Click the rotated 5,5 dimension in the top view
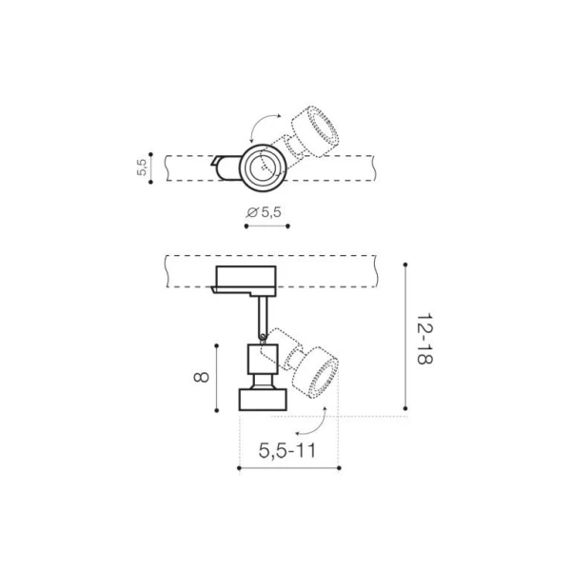tap(142, 168)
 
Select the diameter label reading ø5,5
tap(264, 212)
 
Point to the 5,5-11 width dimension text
tap(286, 451)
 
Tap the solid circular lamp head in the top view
tap(260, 168)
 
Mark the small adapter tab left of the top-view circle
tap(225, 167)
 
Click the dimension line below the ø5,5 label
tap(266, 226)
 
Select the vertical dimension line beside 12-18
tap(406, 338)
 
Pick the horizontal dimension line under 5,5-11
tap(286, 467)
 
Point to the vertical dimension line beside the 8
tap(218, 377)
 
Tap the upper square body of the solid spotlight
tap(261, 360)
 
